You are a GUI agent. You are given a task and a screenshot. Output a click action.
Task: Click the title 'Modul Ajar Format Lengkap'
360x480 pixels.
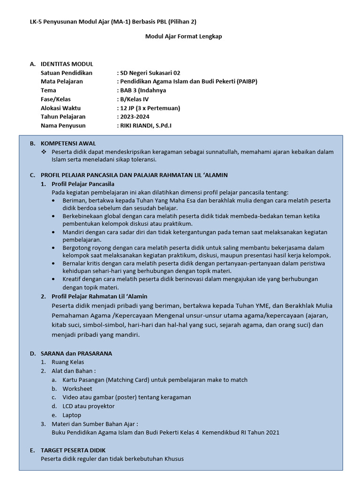pos(183,37)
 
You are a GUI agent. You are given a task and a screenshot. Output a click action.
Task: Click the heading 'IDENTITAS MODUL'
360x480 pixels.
pos(67,64)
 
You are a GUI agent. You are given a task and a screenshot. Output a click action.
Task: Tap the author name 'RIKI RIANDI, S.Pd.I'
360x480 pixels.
pos(145,125)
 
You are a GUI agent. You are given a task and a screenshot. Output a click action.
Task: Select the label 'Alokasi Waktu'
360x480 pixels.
pos(60,108)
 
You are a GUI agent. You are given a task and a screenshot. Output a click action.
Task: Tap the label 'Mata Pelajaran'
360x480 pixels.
pos(61,82)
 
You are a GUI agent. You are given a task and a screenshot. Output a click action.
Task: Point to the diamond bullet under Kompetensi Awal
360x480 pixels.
pos(44,152)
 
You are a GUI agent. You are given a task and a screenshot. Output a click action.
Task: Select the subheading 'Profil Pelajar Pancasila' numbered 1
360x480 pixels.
pos(82,184)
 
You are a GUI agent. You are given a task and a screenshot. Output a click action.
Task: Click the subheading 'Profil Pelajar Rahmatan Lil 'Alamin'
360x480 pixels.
pos(99,296)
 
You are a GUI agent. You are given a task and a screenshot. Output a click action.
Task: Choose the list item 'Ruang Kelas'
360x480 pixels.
pos(67,362)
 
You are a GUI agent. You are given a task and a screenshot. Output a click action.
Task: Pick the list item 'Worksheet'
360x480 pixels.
pos(77,389)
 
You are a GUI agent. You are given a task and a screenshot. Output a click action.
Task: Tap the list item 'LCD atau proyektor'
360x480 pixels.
pos(89,406)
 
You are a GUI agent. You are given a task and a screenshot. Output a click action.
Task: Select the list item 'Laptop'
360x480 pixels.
pos(72,415)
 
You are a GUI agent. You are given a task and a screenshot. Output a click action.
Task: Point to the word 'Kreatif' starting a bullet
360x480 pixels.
pos(72,279)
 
